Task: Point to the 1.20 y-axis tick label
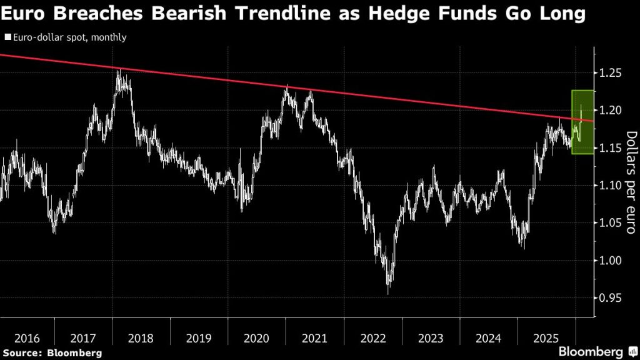click(x=609, y=111)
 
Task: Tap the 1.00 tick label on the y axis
click(x=609, y=261)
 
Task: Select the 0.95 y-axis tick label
click(x=609, y=298)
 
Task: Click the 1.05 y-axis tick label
click(x=609, y=223)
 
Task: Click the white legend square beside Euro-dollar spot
click(x=7, y=37)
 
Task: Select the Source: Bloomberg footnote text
click(x=52, y=354)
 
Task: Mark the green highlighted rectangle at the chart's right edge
click(x=582, y=122)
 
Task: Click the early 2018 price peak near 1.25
click(x=118, y=71)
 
